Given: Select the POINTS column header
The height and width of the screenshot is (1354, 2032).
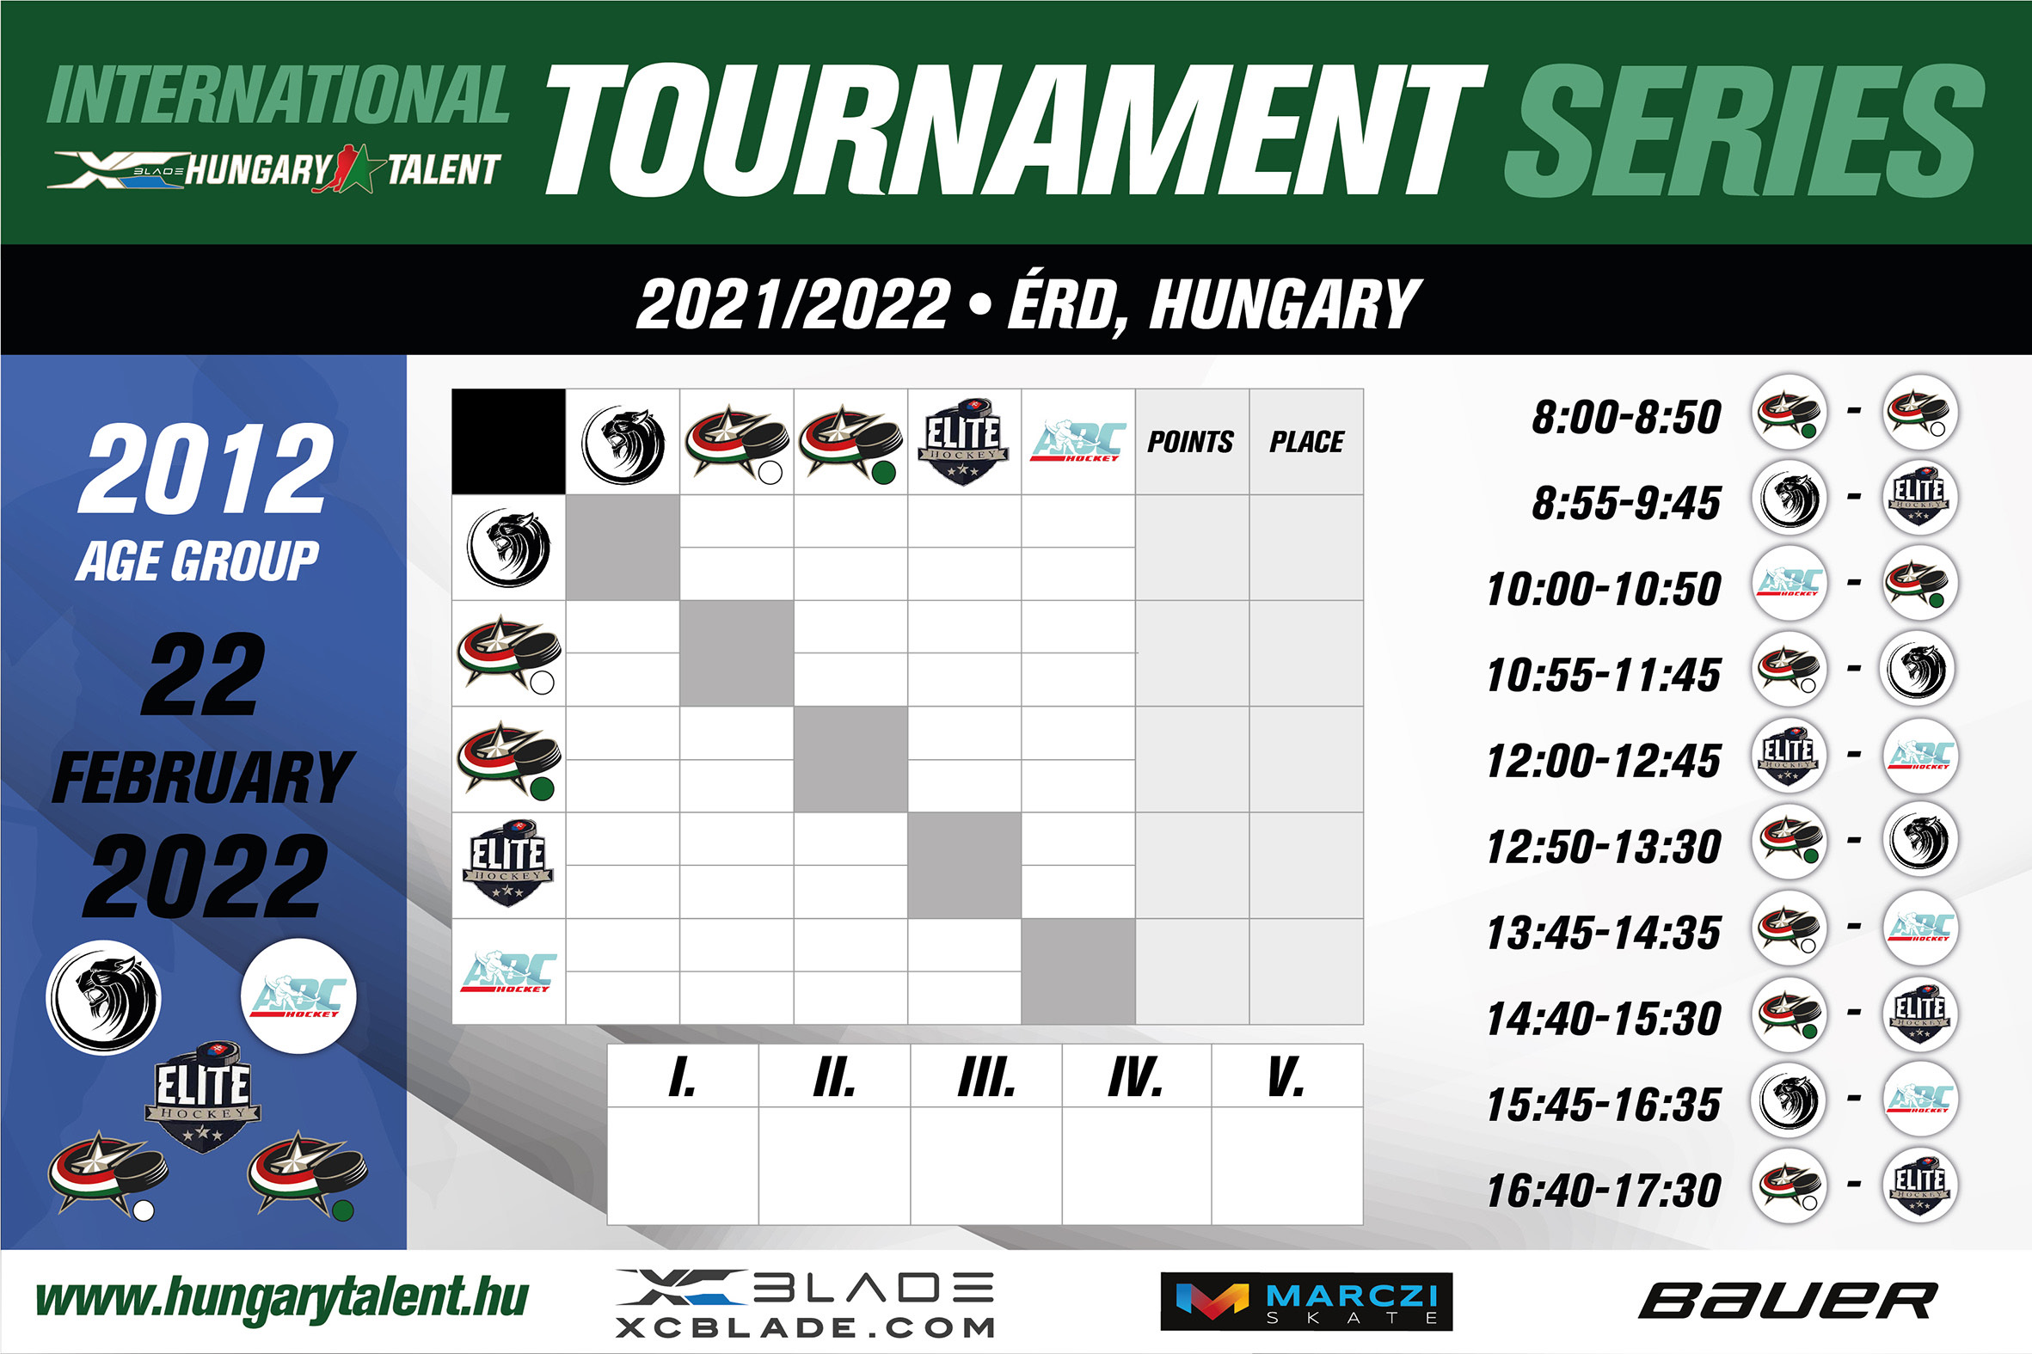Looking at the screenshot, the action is pyautogui.click(x=1191, y=442).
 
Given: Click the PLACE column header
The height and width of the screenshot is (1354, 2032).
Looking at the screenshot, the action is pyautogui.click(x=1306, y=442).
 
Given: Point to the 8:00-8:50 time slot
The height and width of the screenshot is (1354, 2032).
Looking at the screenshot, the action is pyautogui.click(x=1626, y=416).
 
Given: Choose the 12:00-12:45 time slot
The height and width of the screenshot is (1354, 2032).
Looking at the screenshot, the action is pyautogui.click(x=1604, y=761).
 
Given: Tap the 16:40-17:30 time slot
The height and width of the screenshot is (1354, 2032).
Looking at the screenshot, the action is pyautogui.click(x=1604, y=1190).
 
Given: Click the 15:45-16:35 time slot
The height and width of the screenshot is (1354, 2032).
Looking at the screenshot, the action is pyautogui.click(x=1604, y=1105).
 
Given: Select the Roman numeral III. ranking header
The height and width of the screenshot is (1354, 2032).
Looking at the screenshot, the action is pyautogui.click(x=986, y=1078).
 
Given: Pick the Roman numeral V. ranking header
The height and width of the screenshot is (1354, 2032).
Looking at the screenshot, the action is pyautogui.click(x=1286, y=1078).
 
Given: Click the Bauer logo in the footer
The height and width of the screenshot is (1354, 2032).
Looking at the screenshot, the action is pyautogui.click(x=1788, y=1302).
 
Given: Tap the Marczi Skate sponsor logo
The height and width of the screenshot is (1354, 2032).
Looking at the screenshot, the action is pyautogui.click(x=1306, y=1302).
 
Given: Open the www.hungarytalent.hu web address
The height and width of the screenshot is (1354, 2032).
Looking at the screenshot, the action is pyautogui.click(x=281, y=1300).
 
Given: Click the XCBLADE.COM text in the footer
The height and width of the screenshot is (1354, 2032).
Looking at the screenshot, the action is pyautogui.click(x=806, y=1326).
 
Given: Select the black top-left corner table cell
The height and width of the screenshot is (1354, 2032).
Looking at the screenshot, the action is pyautogui.click(x=509, y=441).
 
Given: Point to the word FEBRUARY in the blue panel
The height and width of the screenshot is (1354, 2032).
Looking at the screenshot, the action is pyautogui.click(x=203, y=777).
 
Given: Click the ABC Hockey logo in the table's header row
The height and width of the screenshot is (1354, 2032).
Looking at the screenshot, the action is pyautogui.click(x=1078, y=441).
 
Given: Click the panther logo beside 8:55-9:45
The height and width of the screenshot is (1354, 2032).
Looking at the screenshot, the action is pyautogui.click(x=1790, y=499).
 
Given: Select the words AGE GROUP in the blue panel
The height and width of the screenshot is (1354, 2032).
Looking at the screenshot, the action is pyautogui.click(x=198, y=561).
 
